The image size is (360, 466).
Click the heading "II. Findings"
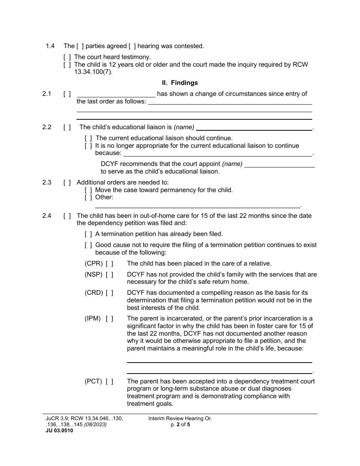[x=180, y=83]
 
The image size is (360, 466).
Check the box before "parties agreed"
[x=80, y=46]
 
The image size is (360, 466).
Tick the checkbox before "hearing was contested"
[x=132, y=46]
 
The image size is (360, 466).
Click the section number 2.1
[x=47, y=94]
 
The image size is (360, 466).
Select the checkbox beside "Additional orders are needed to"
[x=67, y=183]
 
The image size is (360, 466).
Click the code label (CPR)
[x=94, y=264]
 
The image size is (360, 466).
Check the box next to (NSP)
[x=110, y=275]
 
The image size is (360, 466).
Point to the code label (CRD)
[x=94, y=293]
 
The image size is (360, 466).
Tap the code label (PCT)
[x=93, y=382]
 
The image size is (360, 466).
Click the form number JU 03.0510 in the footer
[x=57, y=430]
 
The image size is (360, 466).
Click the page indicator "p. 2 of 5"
[x=180, y=425]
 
